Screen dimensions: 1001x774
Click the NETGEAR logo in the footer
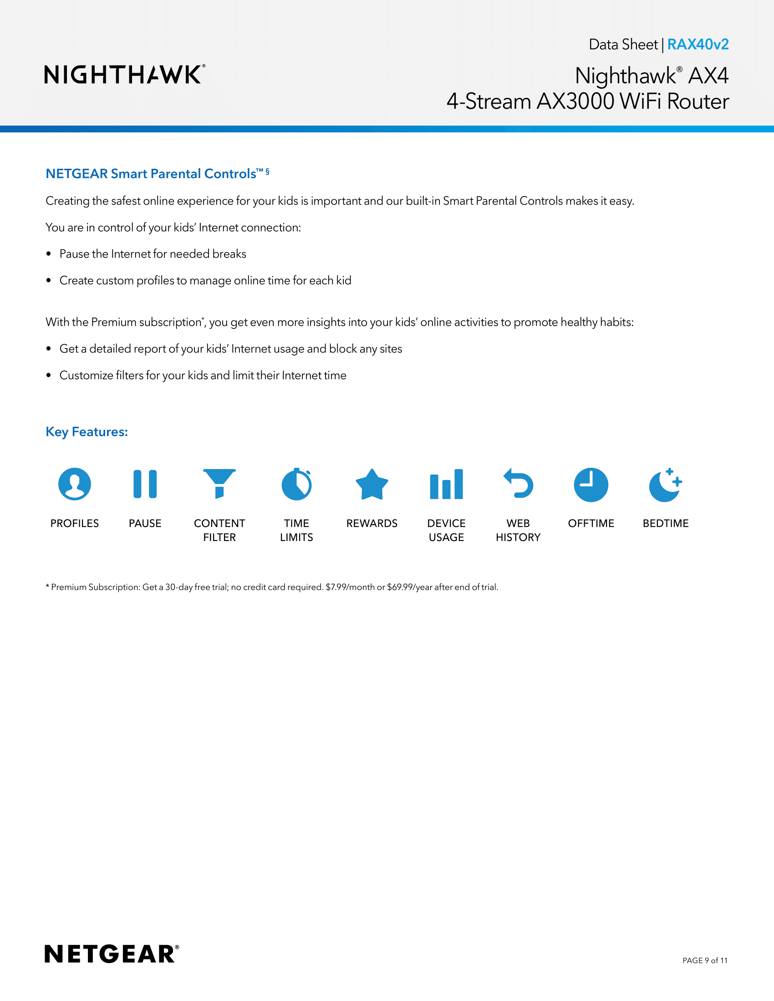pyautogui.click(x=112, y=954)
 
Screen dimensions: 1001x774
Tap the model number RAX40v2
pyautogui.click(x=698, y=45)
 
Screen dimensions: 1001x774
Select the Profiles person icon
pyautogui.click(x=75, y=484)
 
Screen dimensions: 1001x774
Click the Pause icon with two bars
pyautogui.click(x=145, y=484)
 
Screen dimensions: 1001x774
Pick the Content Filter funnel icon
pyautogui.click(x=219, y=483)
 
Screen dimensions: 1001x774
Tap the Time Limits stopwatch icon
pyautogui.click(x=297, y=485)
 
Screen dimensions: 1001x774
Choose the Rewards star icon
pyautogui.click(x=372, y=485)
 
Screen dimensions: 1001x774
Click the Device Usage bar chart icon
pyautogui.click(x=446, y=485)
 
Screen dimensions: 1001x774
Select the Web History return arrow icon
pyautogui.click(x=519, y=484)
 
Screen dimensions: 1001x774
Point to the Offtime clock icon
pyautogui.click(x=591, y=485)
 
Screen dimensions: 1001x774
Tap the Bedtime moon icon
pyautogui.click(x=665, y=485)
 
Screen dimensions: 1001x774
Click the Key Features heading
pyautogui.click(x=87, y=432)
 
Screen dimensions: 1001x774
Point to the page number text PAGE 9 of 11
pyautogui.click(x=705, y=960)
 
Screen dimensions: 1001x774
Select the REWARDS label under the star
pyautogui.click(x=372, y=523)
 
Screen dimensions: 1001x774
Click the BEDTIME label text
pyautogui.click(x=665, y=523)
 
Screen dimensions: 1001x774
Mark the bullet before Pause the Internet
pyautogui.click(x=49, y=254)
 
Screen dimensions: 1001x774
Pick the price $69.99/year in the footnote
pyautogui.click(x=409, y=587)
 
